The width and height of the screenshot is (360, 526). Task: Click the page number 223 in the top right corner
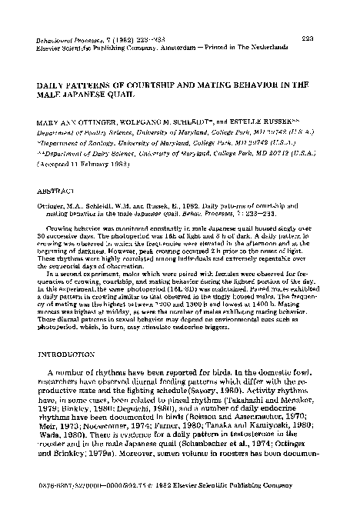(x=325, y=38)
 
